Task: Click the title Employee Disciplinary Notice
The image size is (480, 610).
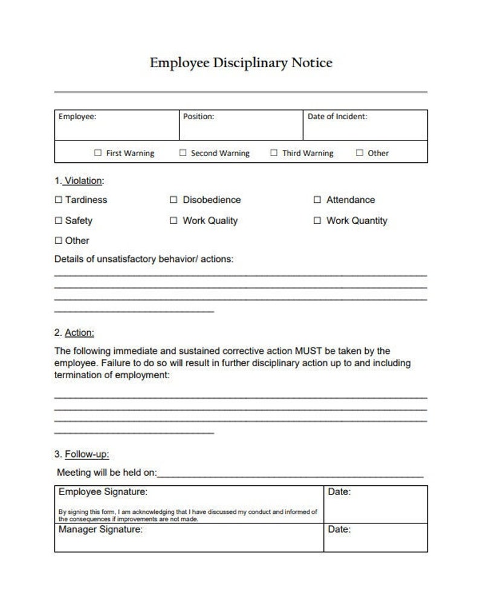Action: (x=241, y=63)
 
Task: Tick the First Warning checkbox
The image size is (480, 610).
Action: (x=98, y=153)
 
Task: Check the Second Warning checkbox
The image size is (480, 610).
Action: (x=183, y=153)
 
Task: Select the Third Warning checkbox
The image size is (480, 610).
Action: (x=274, y=153)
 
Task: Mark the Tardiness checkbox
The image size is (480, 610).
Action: (x=59, y=200)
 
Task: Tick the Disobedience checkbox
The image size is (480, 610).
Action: (x=174, y=200)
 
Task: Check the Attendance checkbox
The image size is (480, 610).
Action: (x=317, y=200)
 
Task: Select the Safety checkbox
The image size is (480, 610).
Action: (x=59, y=221)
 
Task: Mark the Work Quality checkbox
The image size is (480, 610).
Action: (x=174, y=221)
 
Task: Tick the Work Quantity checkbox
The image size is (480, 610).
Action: (x=317, y=221)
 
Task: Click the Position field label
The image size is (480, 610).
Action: (x=198, y=117)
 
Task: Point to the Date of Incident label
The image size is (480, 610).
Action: (x=337, y=117)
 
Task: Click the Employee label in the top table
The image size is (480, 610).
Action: (x=77, y=117)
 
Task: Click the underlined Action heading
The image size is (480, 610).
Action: (x=79, y=333)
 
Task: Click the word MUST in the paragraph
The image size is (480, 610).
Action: (x=308, y=351)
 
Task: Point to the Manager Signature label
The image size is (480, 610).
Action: (x=100, y=530)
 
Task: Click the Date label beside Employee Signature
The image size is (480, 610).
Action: (x=339, y=492)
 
